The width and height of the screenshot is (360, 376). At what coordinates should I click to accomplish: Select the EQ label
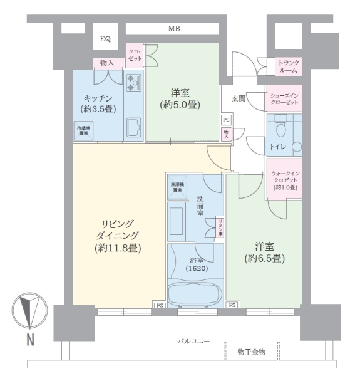pos(105,39)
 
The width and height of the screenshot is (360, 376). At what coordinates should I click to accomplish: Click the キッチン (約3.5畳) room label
pos(97,103)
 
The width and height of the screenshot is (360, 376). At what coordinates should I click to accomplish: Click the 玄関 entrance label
pos(239,98)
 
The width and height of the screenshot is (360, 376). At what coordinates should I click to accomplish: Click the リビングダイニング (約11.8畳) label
pos(118,236)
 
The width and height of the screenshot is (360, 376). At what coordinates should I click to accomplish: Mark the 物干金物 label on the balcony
pos(252,352)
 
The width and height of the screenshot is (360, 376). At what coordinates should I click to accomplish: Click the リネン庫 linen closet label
pos(220,227)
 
